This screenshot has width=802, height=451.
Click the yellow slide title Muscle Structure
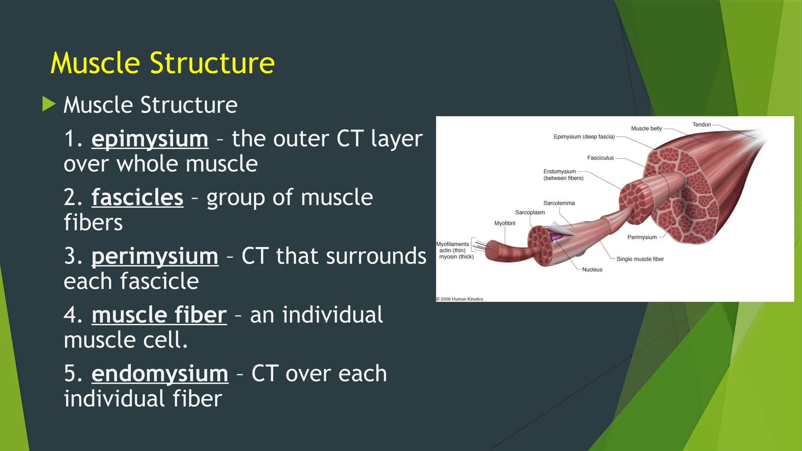click(x=163, y=63)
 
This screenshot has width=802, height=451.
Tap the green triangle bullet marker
click(x=49, y=104)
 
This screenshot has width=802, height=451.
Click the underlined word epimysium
click(x=150, y=139)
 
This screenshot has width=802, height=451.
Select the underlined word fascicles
click(x=137, y=197)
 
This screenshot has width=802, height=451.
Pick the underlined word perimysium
click(x=155, y=256)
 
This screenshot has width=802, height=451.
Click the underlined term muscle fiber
click(x=159, y=315)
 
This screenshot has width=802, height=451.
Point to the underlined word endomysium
click(x=160, y=373)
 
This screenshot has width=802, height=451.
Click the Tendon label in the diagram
click(x=701, y=124)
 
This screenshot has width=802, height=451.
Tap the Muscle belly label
click(x=646, y=128)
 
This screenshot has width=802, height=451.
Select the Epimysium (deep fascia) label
click(x=584, y=137)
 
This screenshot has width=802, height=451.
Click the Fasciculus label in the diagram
click(x=600, y=158)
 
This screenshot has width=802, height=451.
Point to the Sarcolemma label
click(x=559, y=203)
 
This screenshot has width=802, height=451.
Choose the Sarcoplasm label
click(x=530, y=212)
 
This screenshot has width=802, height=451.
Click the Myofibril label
click(x=504, y=223)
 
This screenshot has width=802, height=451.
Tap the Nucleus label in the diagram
click(x=592, y=269)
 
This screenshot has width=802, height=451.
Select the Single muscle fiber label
click(x=640, y=259)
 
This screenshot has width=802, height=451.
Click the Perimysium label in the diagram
click(x=642, y=237)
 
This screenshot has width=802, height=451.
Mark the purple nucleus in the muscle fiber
click(x=556, y=236)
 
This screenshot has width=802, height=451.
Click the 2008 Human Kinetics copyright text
click(x=460, y=299)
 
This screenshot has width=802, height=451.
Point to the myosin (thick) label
click(x=456, y=257)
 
